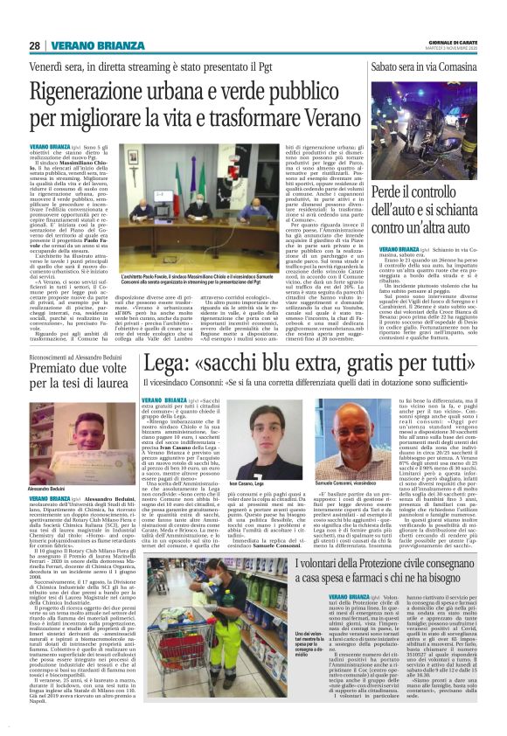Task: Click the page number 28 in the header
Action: (34, 45)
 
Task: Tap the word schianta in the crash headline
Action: (452, 211)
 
